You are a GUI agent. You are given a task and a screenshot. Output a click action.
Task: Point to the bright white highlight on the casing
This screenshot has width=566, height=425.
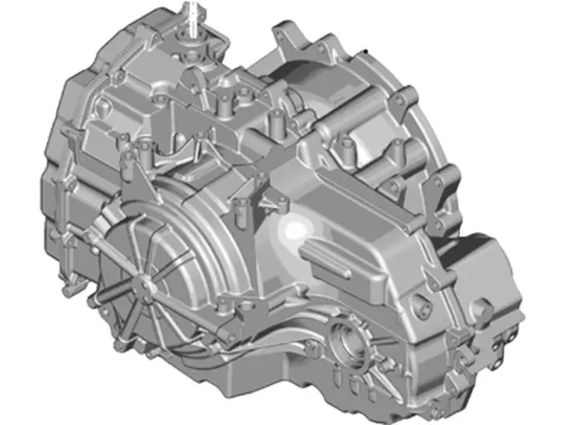(x=290, y=232)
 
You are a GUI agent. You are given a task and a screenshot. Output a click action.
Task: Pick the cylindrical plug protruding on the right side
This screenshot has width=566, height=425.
(x=483, y=313)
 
